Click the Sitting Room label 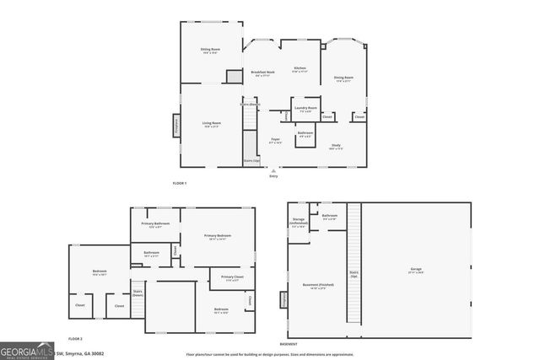pos(210,51)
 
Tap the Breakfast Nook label pos(263,73)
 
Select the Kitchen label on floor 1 pos(300,69)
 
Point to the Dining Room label pos(343,78)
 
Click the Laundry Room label pos(305,109)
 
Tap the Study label pos(335,147)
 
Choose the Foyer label pos(275,140)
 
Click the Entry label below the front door pos(273,176)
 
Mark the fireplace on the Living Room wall pos(176,125)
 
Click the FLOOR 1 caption pos(179,183)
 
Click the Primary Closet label pos(232,278)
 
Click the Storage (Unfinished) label pos(299,223)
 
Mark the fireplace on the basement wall pos(283,299)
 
